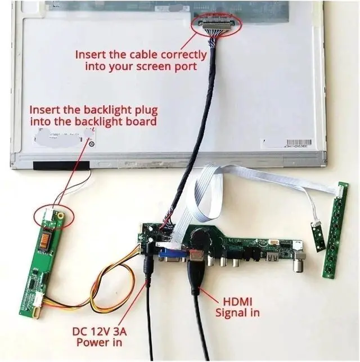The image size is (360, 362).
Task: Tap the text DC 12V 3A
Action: tap(101, 331)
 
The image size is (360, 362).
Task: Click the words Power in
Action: tap(100, 342)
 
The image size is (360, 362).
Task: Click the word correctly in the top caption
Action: tap(181, 55)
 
